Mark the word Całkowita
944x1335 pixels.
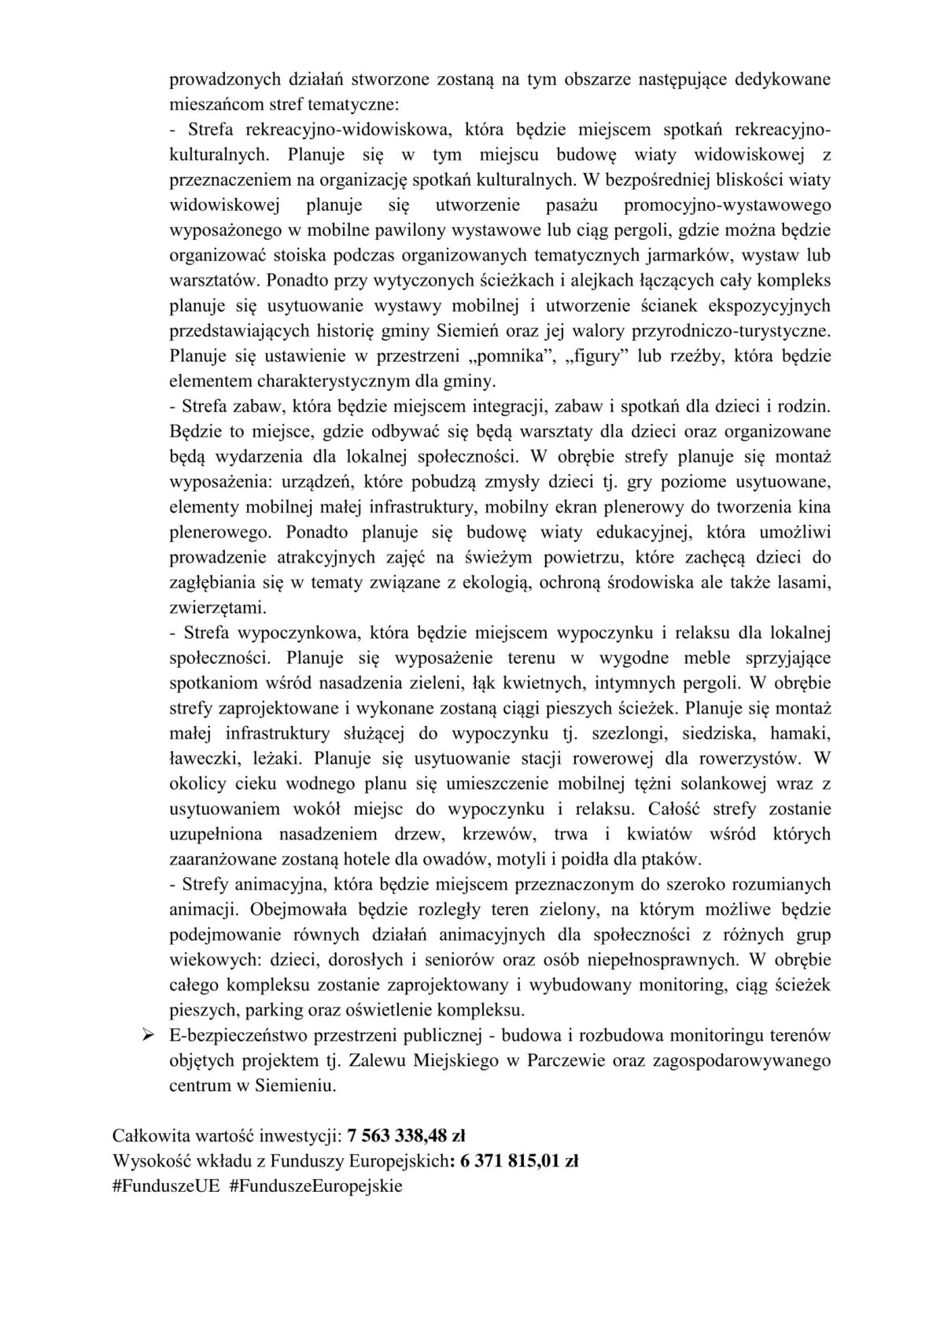coord(149,1135)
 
